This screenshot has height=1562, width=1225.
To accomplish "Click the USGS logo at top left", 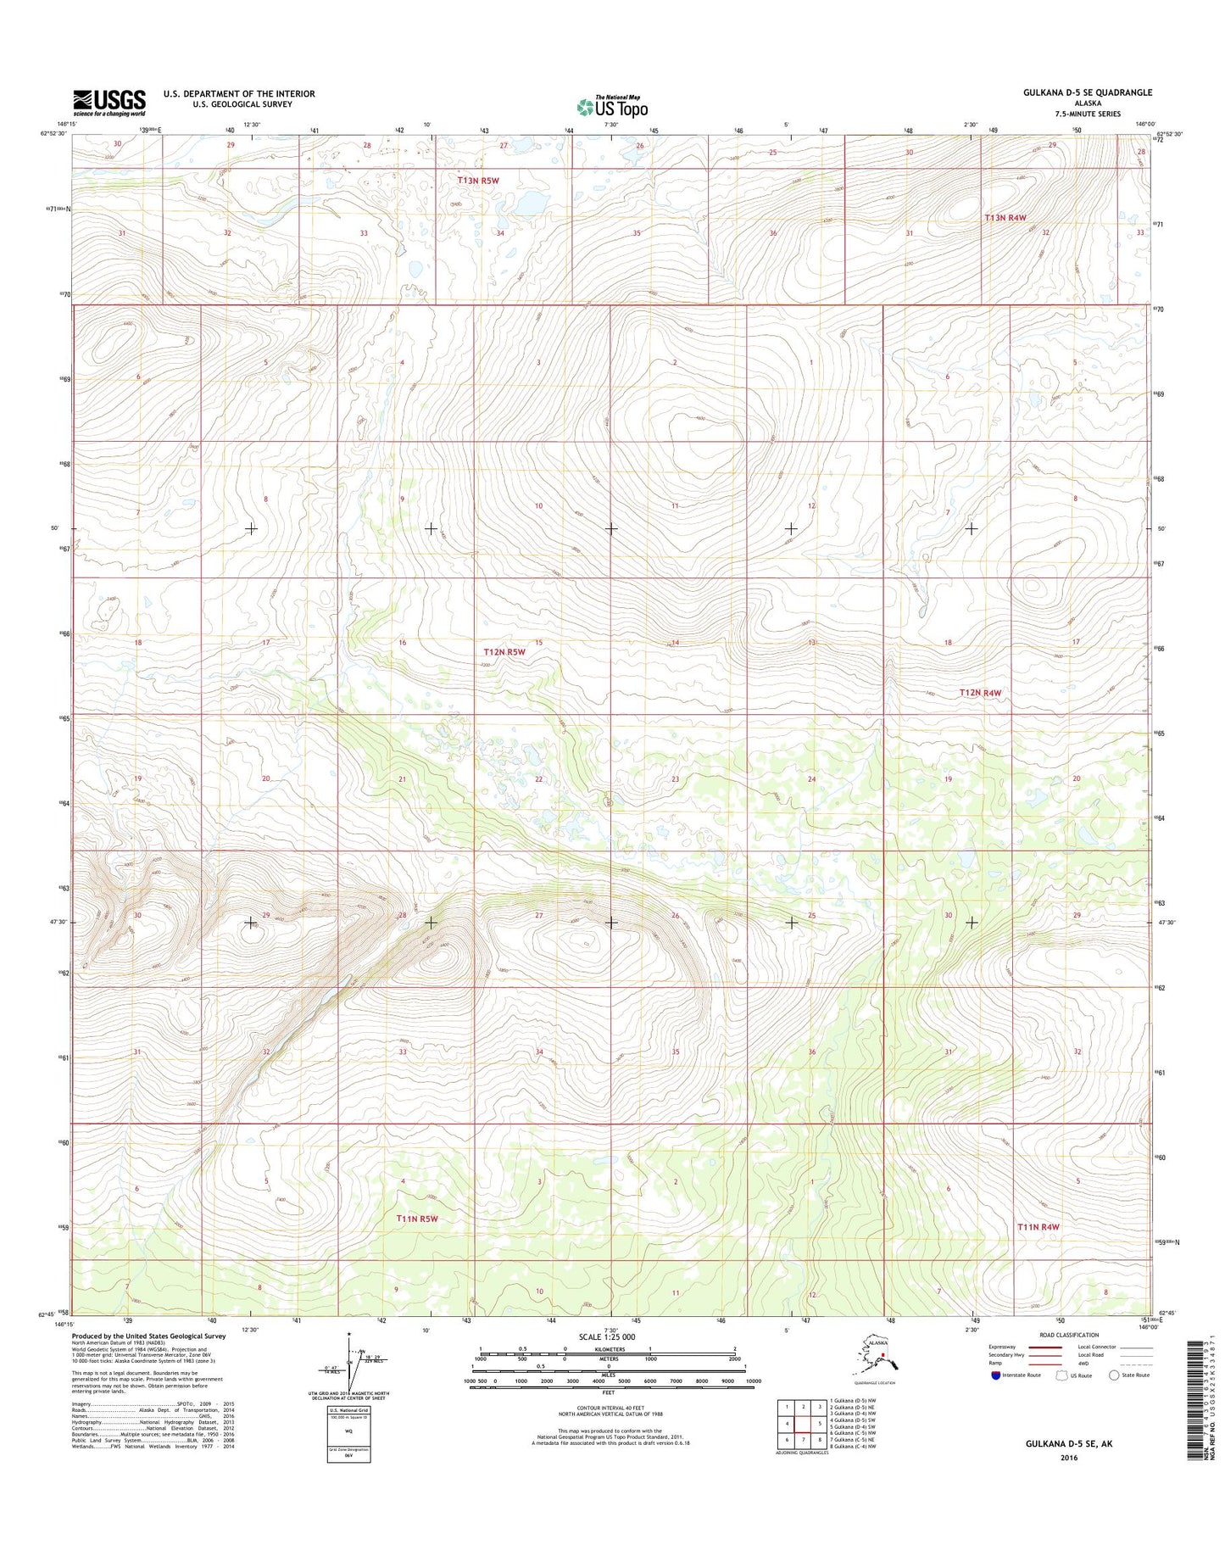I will coord(109,102).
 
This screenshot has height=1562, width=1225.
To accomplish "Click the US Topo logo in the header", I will coord(612,106).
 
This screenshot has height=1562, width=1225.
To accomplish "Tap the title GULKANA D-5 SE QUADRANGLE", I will coord(1087,92).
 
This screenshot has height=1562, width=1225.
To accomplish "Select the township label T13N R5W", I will coord(478,181).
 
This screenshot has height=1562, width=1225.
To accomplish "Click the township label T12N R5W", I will coord(504,652).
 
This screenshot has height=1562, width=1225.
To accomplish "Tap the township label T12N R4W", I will coord(980,693).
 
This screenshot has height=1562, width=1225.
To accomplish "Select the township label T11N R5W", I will coord(417,1219).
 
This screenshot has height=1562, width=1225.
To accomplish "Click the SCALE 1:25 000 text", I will coord(606,1337).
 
